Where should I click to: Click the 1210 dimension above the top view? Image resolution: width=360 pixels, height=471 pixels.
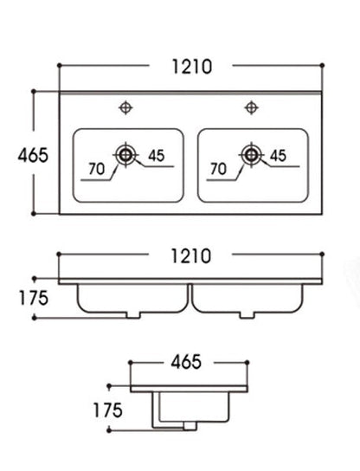tap(192, 67)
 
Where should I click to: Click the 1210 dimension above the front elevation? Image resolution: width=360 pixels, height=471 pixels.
tap(191, 256)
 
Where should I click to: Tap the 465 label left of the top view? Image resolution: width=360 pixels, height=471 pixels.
tap(33, 155)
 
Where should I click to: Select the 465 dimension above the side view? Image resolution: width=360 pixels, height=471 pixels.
tap(186, 362)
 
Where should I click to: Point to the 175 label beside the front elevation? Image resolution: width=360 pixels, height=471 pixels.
tap(34, 298)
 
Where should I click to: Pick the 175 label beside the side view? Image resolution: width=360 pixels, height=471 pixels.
tap(107, 410)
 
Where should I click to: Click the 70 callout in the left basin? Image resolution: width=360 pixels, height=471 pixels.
tap(96, 169)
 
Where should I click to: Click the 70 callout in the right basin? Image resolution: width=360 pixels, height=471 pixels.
tap(218, 169)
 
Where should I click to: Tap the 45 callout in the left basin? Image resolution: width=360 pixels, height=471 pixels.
tap(157, 156)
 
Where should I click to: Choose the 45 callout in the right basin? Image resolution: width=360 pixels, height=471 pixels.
tap(278, 156)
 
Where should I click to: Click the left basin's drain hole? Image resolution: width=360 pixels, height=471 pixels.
tap(125, 155)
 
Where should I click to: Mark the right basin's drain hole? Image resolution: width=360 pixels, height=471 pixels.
tap(251, 155)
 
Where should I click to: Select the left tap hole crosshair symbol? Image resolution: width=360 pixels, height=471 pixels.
tap(125, 107)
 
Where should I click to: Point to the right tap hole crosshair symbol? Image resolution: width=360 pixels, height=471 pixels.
tap(251, 107)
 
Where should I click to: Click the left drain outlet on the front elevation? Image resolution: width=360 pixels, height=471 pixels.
tap(133, 315)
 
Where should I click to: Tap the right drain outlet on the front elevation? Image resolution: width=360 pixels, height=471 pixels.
tap(247, 315)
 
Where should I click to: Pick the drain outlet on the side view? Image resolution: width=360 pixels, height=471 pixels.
tap(190, 426)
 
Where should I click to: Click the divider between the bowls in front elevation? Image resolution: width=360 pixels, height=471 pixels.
tap(190, 296)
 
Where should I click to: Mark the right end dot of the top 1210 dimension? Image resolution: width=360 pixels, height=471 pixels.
tap(322, 65)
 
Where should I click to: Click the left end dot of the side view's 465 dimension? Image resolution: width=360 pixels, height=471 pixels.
tap(130, 363)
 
